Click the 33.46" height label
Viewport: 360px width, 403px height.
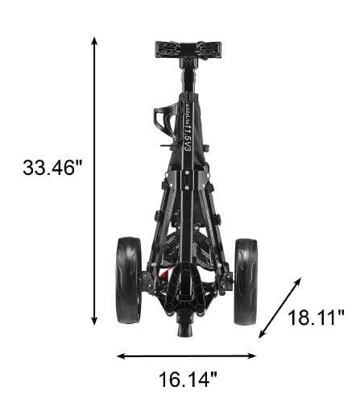tap(53, 168)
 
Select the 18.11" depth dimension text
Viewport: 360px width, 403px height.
tap(316, 317)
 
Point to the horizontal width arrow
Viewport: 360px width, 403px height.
tap(187, 355)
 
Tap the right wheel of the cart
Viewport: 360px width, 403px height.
tap(246, 280)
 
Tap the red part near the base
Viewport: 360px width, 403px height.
tap(163, 275)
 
